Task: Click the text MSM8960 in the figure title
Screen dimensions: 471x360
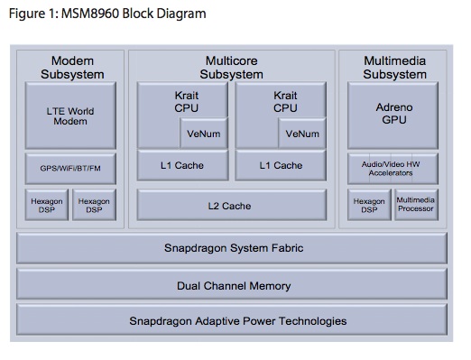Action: click(90, 14)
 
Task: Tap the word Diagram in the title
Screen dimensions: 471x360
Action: click(181, 14)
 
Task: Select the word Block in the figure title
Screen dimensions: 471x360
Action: click(137, 14)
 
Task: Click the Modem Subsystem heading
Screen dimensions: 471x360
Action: click(72, 68)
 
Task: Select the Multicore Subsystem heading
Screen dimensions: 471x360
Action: click(232, 68)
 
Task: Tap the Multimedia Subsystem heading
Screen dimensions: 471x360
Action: click(394, 68)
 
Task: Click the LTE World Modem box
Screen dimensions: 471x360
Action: click(70, 115)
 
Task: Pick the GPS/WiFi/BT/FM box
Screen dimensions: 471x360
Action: click(70, 169)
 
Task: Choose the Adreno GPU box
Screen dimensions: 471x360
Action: click(392, 115)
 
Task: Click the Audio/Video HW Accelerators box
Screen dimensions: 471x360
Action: click(392, 169)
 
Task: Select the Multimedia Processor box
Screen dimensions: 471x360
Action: click(416, 205)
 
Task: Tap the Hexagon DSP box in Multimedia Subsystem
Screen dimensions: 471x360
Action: click(369, 205)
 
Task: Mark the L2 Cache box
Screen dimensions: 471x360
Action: click(232, 205)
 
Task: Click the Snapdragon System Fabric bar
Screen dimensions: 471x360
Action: click(232, 248)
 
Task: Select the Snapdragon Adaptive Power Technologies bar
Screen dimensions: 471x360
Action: click(232, 319)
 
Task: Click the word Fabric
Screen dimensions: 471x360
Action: click(288, 248)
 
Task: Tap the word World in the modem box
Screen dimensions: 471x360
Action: click(80, 111)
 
